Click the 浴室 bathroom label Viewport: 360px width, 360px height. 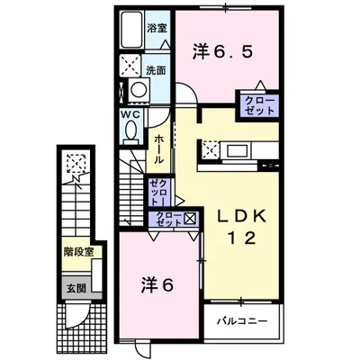tap(157, 28)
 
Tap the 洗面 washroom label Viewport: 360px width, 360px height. tap(157, 68)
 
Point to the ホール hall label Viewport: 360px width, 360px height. tap(159, 148)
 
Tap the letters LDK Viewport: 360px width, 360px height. tap(236, 216)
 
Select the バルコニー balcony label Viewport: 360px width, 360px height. tap(241, 319)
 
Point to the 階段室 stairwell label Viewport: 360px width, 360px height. tap(78, 253)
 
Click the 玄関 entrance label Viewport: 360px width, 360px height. tap(75, 289)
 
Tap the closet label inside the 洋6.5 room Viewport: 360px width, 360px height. tap(257, 106)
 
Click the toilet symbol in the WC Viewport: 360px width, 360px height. tap(132, 131)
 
